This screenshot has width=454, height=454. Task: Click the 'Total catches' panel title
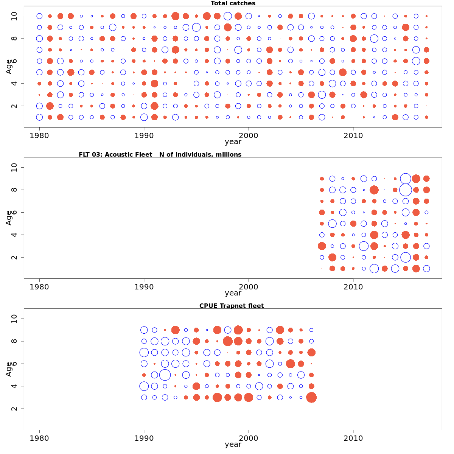(233, 3)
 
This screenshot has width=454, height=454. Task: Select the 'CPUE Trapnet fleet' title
(232, 306)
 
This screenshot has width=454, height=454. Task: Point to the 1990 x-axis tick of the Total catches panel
(144, 135)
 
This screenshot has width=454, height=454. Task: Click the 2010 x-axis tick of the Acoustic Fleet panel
(353, 287)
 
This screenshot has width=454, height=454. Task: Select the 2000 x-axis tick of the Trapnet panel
(249, 438)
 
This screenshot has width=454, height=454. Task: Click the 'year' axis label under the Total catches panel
(233, 142)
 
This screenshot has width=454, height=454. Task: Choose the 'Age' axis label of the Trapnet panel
(9, 369)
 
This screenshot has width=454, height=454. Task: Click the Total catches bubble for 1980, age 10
(39, 16)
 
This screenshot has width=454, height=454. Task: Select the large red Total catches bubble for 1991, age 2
(154, 106)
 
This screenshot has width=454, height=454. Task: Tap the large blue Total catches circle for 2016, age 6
(416, 61)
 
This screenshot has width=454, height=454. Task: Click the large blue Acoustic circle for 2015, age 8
(406, 190)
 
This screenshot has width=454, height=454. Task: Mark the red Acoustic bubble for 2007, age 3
(322, 246)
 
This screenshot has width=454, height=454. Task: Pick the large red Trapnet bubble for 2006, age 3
(311, 398)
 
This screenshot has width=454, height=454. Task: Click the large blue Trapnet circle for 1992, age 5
(165, 375)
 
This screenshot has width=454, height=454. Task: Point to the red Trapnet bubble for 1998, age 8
(228, 341)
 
